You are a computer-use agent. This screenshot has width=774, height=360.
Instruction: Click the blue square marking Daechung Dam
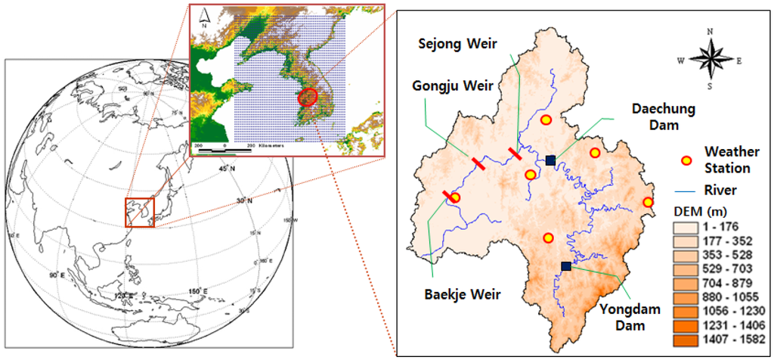[x=550, y=160]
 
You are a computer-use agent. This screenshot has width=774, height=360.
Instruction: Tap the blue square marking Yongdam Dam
[x=566, y=265]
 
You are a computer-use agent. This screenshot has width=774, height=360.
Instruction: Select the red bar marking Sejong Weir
[x=515, y=154]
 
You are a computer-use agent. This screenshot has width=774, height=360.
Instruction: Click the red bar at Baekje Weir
[x=448, y=197]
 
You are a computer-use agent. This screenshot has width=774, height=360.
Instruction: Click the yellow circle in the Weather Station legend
[x=686, y=160]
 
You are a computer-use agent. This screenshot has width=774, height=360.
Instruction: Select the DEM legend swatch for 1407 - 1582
[x=687, y=338]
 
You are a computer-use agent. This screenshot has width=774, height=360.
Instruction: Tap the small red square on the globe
[x=139, y=212]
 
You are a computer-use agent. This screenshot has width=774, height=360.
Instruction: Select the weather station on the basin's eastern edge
[x=648, y=202]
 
